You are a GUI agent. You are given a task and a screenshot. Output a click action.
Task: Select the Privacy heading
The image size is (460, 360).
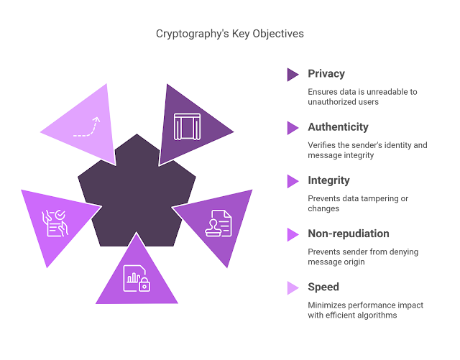coord(326,73)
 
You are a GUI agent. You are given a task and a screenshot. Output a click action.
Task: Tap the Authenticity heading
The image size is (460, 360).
coord(338,126)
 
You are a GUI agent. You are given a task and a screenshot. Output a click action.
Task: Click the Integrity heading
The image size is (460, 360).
coord(328,180)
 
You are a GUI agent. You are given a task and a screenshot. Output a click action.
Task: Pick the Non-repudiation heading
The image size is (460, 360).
coord(349,234)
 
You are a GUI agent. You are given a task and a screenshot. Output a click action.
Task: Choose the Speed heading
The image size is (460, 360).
coord(323,287)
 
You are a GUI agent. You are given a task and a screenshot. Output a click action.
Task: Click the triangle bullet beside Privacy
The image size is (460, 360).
coord(293,74)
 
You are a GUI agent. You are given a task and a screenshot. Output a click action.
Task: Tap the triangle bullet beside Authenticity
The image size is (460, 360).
coord(293,127)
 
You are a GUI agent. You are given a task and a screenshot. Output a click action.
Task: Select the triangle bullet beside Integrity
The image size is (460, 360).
coord(293,180)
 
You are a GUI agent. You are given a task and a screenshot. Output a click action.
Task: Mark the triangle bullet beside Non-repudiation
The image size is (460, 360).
coord(293,234)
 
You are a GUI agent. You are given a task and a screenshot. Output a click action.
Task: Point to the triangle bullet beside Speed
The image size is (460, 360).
coord(293,287)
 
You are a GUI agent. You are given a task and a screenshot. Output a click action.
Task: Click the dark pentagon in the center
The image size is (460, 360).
coord(137,190)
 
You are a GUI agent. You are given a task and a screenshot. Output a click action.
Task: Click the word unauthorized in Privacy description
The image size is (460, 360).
coord(333,101)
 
